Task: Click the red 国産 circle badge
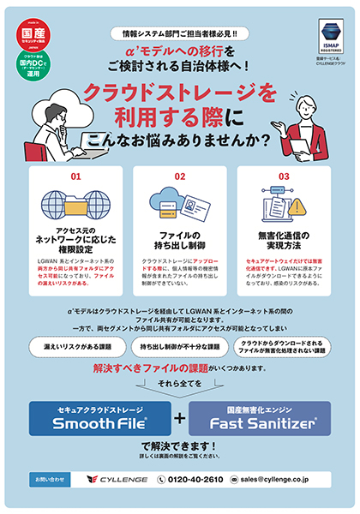pos(31,32)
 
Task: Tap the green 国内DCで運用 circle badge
pos(31,63)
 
